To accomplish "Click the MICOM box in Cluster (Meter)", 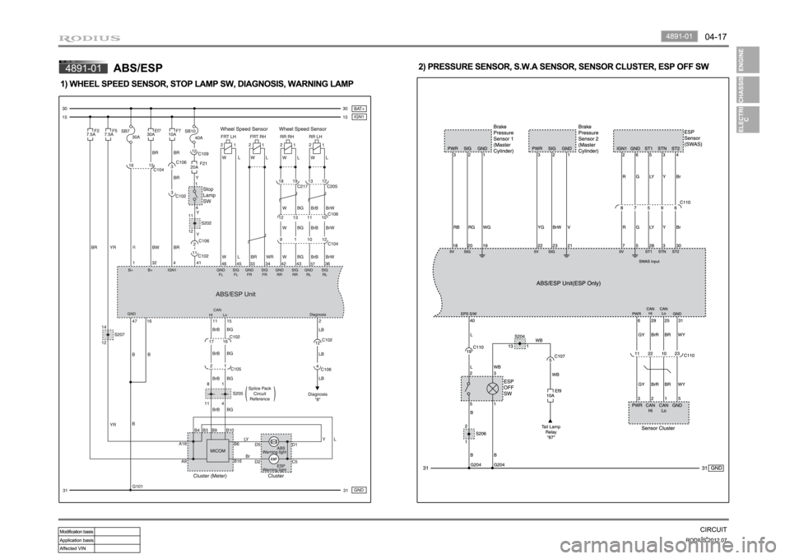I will point(219,451).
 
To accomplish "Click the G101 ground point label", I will point(138,487).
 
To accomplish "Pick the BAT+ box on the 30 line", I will point(359,108).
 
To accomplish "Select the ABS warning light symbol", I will point(274,442).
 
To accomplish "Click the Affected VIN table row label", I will point(76,547).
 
